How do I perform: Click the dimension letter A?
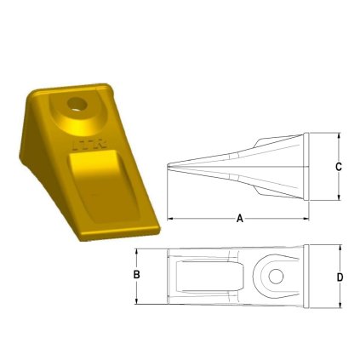(x=239, y=219)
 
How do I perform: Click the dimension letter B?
(x=135, y=276)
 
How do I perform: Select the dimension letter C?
(x=339, y=167)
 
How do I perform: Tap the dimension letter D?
(x=340, y=277)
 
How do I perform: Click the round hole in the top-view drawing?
(x=273, y=275)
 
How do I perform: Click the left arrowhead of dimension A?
(x=169, y=219)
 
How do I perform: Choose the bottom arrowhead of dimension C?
(x=339, y=197)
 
